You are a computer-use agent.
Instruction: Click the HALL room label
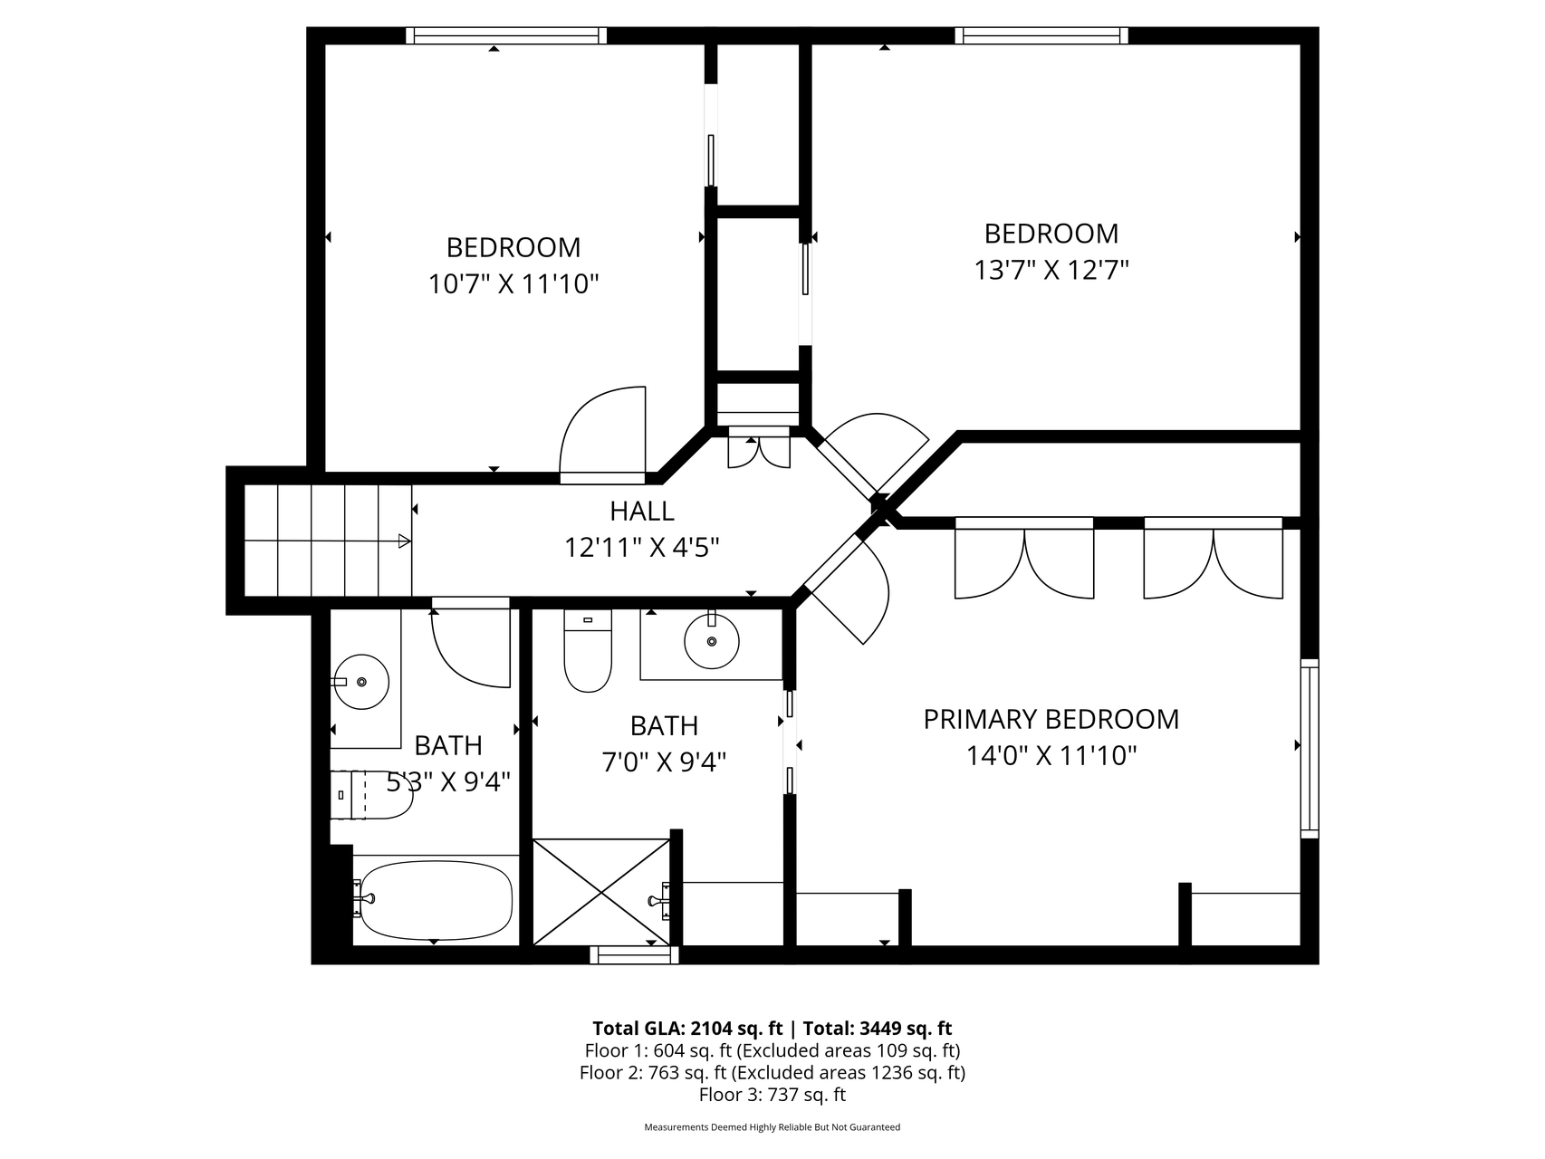[641, 511]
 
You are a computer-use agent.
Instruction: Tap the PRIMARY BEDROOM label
[1051, 719]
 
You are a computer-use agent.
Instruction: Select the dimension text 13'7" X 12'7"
[1051, 270]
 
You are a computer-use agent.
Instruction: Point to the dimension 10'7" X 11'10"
[513, 284]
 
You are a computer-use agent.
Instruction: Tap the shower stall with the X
[602, 893]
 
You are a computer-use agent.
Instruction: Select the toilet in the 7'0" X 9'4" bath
[588, 650]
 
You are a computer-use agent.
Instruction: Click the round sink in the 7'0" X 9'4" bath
[711, 640]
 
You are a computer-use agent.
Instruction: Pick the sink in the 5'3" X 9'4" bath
[361, 681]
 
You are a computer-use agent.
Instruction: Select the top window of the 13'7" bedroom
[1041, 36]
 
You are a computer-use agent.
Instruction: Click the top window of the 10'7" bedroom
[506, 36]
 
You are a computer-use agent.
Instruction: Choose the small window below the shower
[634, 955]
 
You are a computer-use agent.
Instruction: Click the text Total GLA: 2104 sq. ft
[687, 1029]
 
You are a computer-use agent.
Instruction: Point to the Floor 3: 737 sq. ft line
[772, 1095]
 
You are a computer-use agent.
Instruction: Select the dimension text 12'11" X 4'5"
[642, 547]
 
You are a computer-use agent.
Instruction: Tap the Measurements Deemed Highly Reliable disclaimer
[772, 1127]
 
